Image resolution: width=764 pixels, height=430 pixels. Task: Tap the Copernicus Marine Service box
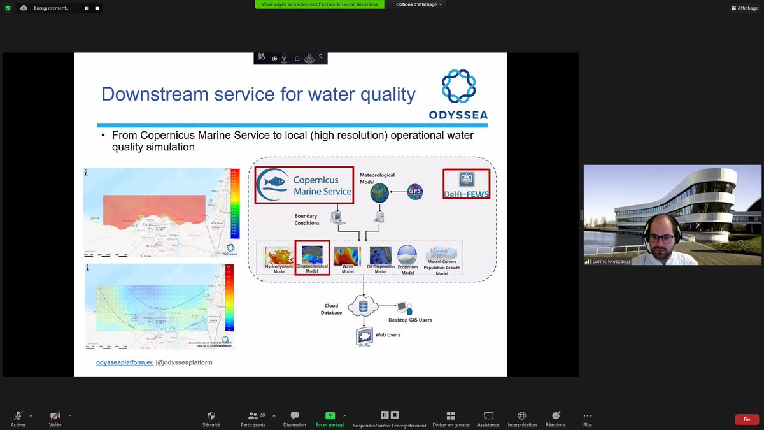click(304, 185)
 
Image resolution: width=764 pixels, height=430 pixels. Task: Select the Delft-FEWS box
click(467, 183)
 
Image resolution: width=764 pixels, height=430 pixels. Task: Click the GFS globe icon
click(414, 192)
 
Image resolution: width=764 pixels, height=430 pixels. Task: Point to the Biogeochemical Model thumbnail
click(312, 257)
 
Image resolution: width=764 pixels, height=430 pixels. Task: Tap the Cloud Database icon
click(364, 306)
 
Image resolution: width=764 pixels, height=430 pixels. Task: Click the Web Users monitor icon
click(364, 336)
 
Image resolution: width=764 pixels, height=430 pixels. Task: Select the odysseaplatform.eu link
click(125, 362)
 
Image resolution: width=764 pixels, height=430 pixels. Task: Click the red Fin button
click(746, 419)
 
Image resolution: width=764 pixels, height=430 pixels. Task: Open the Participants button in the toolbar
click(253, 418)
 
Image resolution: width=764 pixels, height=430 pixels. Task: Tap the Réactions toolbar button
click(556, 418)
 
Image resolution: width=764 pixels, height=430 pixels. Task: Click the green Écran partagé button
click(330, 418)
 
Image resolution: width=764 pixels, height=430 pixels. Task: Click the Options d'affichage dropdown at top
click(419, 4)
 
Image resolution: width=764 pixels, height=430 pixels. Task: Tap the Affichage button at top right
click(744, 8)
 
